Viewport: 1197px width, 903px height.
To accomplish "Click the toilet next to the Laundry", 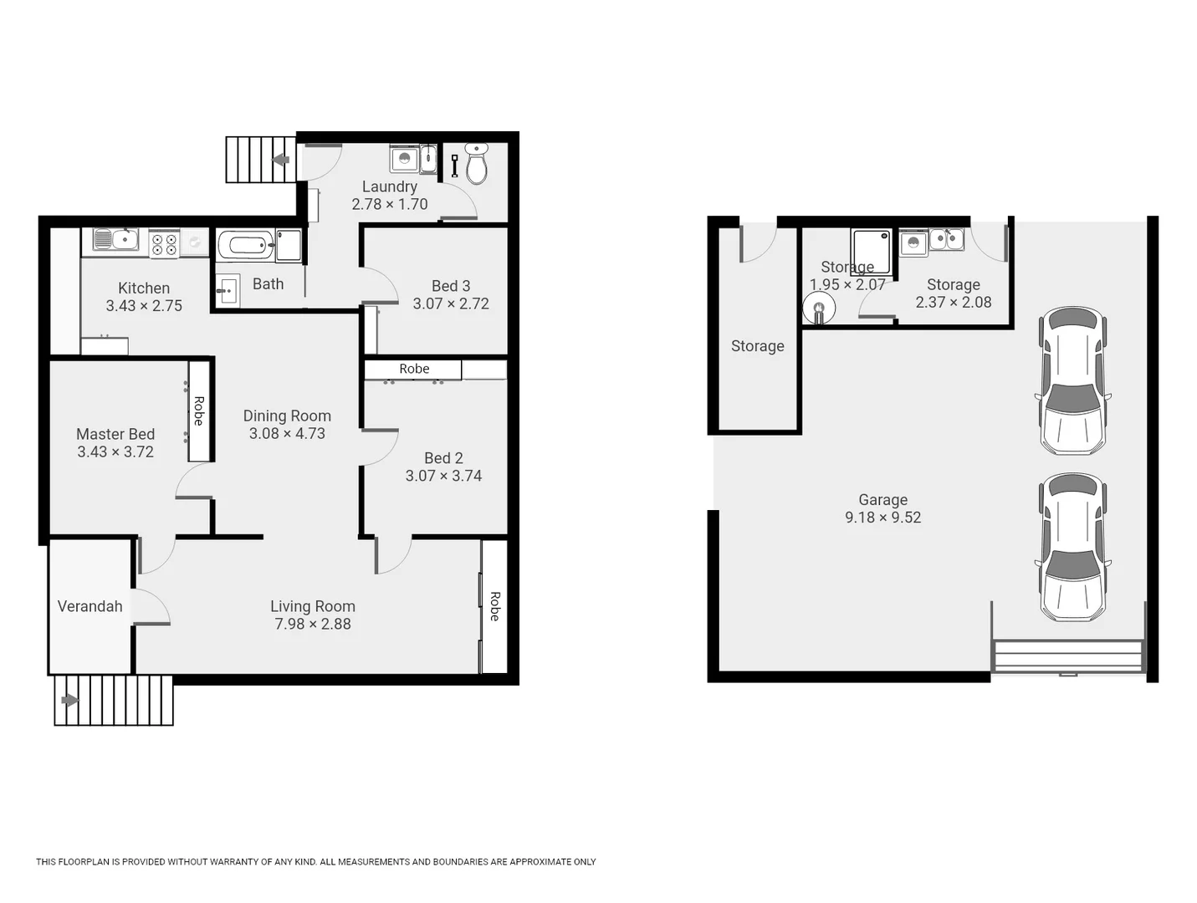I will [x=476, y=165].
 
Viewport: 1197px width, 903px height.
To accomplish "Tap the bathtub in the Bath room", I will [x=246, y=246].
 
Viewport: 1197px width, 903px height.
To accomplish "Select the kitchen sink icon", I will [x=115, y=240].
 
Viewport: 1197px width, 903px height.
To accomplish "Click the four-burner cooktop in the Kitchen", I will [x=164, y=244].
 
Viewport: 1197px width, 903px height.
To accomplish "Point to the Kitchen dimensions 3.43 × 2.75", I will [x=144, y=306].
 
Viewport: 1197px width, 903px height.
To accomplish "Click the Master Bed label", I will [x=115, y=434].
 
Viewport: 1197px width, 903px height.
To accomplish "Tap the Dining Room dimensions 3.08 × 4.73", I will [x=287, y=433].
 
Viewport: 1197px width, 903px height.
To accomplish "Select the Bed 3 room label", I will [x=451, y=286].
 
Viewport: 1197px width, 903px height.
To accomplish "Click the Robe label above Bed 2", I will [x=414, y=369].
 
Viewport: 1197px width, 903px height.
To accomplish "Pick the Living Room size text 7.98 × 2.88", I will [x=313, y=624].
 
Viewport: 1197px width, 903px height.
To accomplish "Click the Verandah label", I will [x=90, y=606].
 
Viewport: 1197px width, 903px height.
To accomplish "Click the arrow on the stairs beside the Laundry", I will [x=281, y=160].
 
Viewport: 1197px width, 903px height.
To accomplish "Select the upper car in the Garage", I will [x=1072, y=380].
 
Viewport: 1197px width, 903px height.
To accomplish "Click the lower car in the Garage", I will [x=1072, y=548].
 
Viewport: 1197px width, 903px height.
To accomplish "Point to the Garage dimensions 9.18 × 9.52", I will [x=882, y=518].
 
